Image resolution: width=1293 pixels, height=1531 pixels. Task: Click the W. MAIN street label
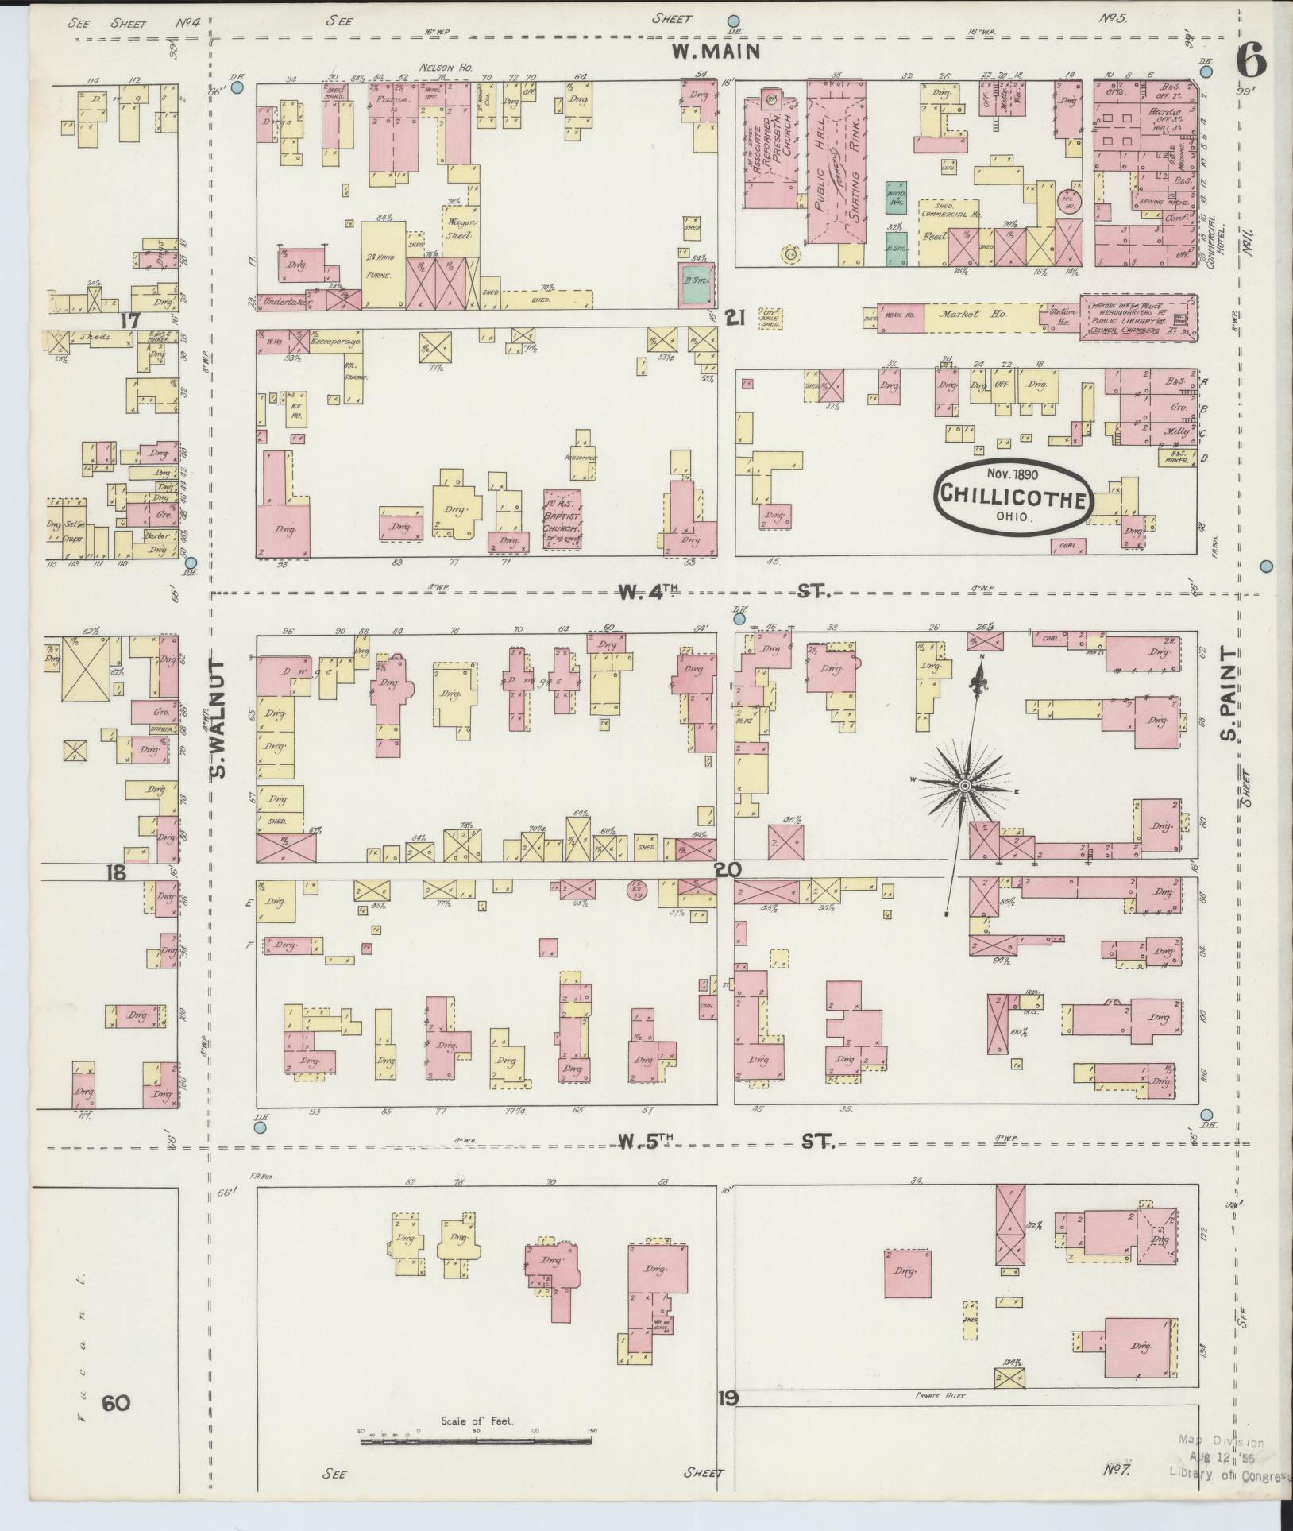pos(716,52)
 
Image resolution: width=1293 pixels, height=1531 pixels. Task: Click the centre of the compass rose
pos(964,786)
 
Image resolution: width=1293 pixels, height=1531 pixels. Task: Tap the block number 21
pos(735,319)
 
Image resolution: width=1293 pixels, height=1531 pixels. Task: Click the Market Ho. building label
pos(962,315)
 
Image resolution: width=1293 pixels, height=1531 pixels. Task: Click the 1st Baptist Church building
pos(565,517)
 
